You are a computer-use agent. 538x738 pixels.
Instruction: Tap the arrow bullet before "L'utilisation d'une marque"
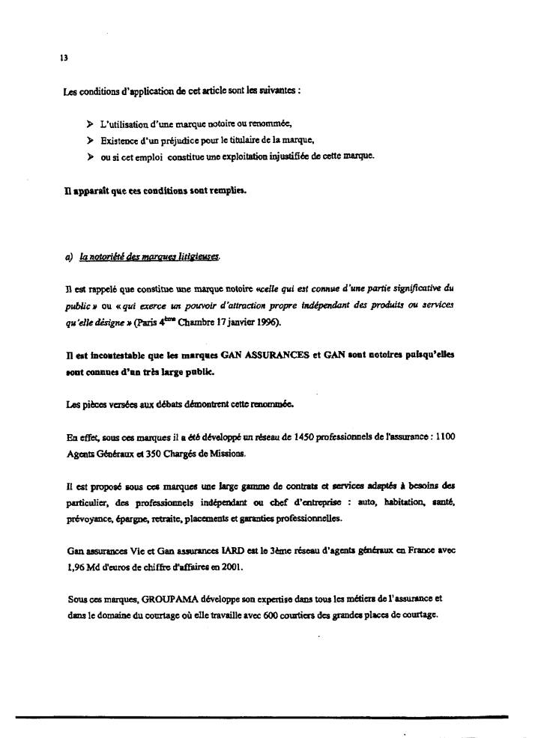pos(91,123)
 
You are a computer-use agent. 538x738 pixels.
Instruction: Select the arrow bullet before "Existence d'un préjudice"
pos(91,139)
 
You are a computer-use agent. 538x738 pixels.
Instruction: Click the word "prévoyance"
pos(85,519)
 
